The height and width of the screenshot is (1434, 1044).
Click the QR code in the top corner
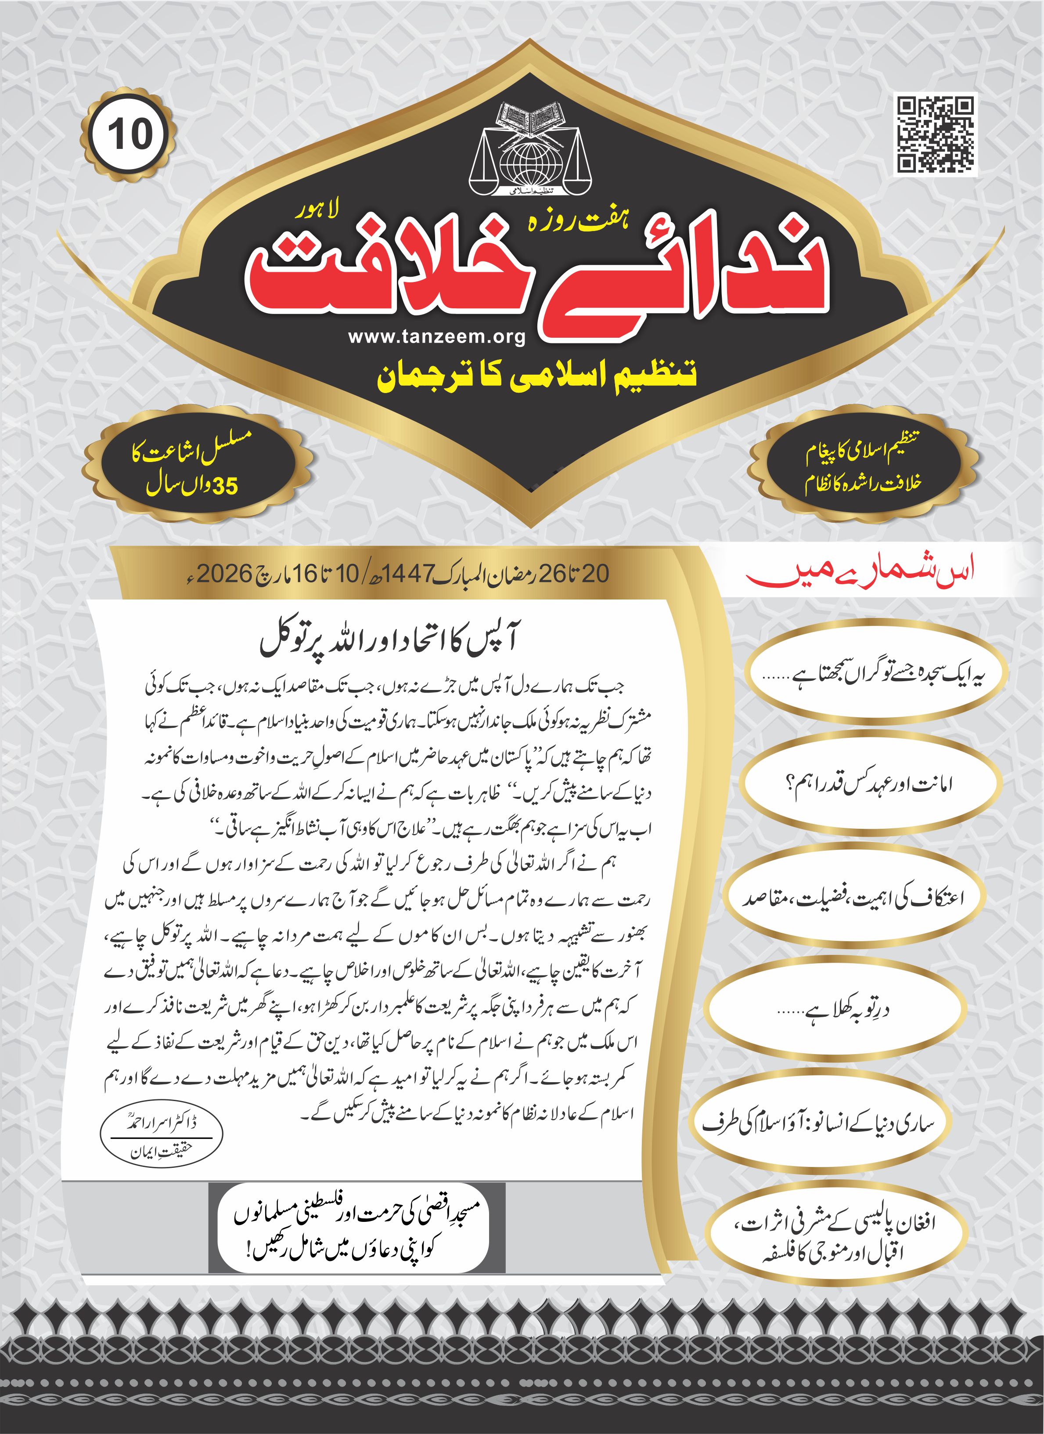(936, 134)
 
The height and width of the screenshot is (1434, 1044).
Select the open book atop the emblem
(529, 118)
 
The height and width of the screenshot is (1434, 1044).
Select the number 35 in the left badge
(225, 486)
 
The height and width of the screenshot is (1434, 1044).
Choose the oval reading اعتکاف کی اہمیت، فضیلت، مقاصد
(853, 899)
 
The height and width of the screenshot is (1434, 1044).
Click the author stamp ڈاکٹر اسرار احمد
(162, 1136)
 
